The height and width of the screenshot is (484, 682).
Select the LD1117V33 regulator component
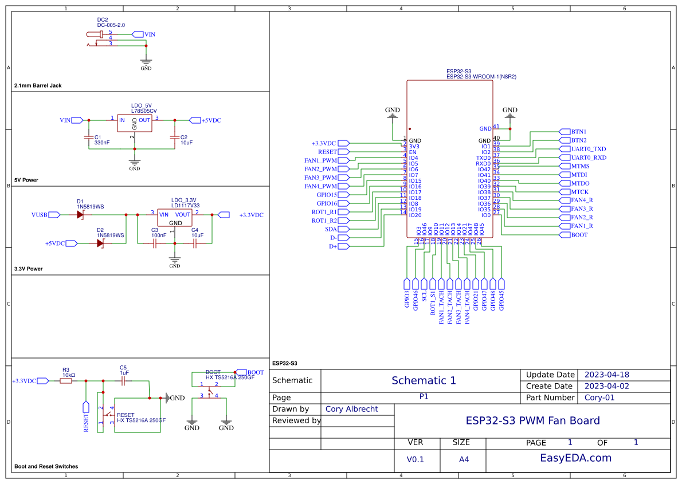click(x=175, y=218)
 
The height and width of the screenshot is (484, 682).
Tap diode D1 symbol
click(x=80, y=215)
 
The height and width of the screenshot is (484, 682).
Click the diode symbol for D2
click(x=100, y=243)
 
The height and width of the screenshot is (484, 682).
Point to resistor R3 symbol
click(x=66, y=380)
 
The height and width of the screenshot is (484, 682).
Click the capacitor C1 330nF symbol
click(x=88, y=137)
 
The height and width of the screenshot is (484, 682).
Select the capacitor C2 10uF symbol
click(x=174, y=137)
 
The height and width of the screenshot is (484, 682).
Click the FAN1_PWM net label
click(x=320, y=160)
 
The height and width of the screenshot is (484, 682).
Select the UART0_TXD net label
click(x=588, y=149)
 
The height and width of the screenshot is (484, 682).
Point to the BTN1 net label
click(x=578, y=132)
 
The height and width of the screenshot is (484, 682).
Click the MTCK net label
click(x=579, y=192)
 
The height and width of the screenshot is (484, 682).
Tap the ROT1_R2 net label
click(x=324, y=221)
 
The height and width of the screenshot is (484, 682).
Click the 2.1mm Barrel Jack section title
click(x=38, y=86)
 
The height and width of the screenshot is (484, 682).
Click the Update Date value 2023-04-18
click(x=606, y=375)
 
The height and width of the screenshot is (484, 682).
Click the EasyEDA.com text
click(x=576, y=458)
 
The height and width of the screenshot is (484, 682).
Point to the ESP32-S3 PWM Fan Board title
click(x=532, y=420)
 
